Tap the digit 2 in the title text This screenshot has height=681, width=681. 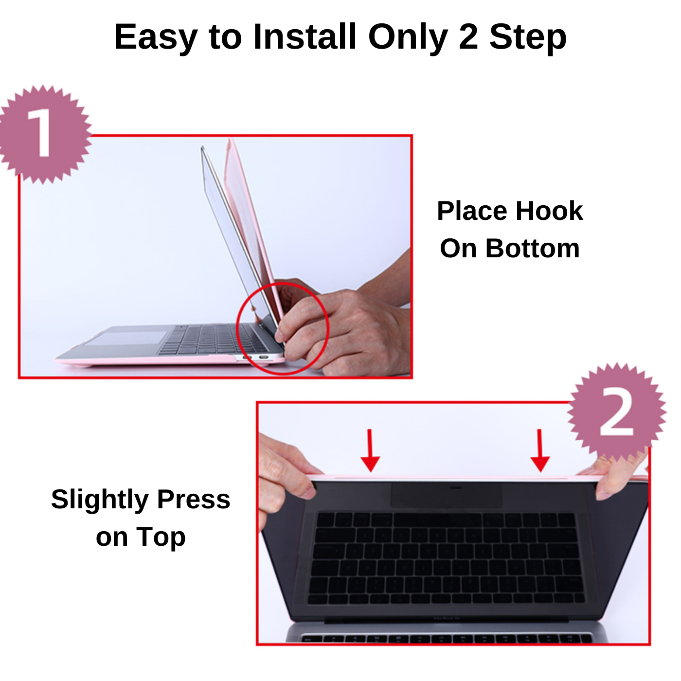[x=468, y=37]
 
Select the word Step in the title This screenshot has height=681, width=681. [x=528, y=38]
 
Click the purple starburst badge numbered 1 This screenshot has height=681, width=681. [x=44, y=134]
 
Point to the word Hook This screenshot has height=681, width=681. [x=549, y=211]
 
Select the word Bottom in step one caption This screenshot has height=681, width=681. [x=533, y=249]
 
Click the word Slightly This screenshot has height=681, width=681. [x=100, y=500]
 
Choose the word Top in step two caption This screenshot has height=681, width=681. [x=161, y=538]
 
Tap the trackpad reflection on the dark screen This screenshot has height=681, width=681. [x=447, y=495]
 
